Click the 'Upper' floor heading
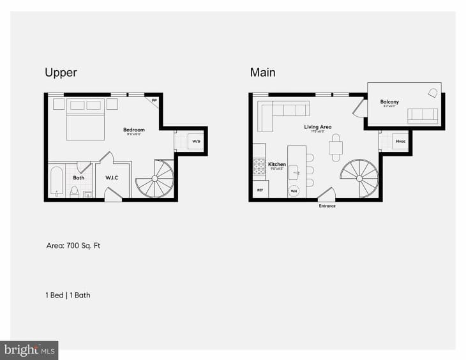61,72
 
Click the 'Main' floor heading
262,72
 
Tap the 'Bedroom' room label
134,130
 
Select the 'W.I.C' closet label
112,178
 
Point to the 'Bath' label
79,178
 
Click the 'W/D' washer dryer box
197,142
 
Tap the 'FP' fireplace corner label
154,100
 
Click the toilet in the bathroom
74,190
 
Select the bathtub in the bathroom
56,181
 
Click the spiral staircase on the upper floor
154,179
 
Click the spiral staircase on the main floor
359,178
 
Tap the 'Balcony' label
389,101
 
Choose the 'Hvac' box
400,142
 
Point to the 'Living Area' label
317,127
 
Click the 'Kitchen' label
276,164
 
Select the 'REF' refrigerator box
260,190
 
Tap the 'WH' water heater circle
294,190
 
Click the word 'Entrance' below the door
327,206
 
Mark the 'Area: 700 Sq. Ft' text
73,245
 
